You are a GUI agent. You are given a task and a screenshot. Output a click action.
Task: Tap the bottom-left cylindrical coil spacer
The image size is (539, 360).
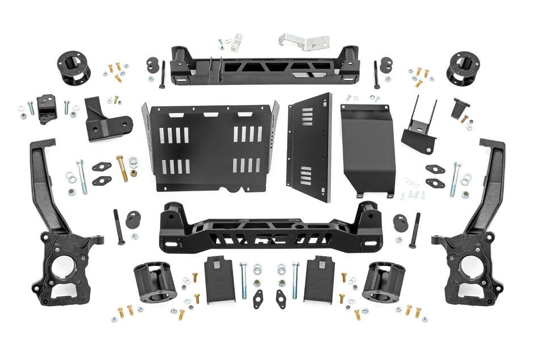coord(154,282)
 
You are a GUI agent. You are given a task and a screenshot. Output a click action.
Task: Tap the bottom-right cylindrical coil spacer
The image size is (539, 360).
coord(384,282)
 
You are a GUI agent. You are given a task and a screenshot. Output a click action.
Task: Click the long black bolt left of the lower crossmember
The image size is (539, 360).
coord(119,227)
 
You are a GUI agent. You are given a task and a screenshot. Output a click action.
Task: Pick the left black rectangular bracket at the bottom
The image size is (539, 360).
coord(220,279)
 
